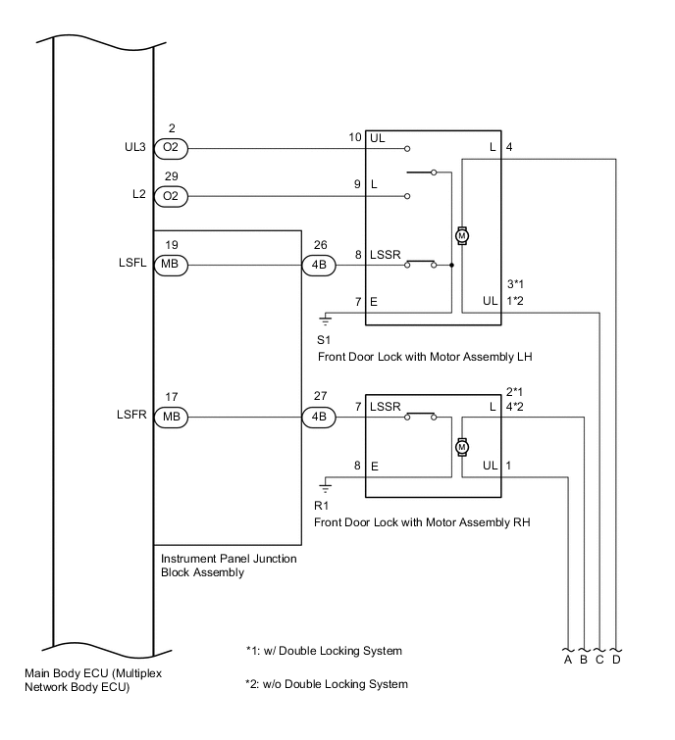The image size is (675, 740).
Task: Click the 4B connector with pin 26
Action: tap(318, 265)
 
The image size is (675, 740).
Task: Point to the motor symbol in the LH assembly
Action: tap(461, 236)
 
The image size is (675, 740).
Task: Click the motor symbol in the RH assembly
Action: tap(461, 447)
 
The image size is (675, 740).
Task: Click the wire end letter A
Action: tap(568, 660)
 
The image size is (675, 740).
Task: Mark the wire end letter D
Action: tap(616, 660)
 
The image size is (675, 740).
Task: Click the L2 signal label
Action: tap(138, 196)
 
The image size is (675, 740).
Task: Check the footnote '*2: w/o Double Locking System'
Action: tap(326, 683)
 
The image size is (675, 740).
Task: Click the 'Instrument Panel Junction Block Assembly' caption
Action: tap(228, 566)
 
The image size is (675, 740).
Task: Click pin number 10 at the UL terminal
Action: tap(355, 137)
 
